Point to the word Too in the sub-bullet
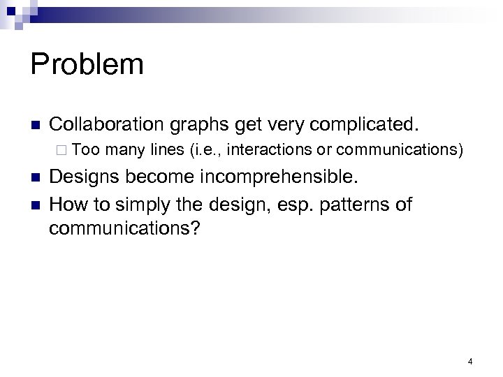(x=85, y=149)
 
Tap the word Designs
(x=88, y=178)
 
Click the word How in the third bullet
(x=68, y=205)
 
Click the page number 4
(x=470, y=361)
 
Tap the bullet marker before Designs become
(x=34, y=179)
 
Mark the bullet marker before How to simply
(x=34, y=206)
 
